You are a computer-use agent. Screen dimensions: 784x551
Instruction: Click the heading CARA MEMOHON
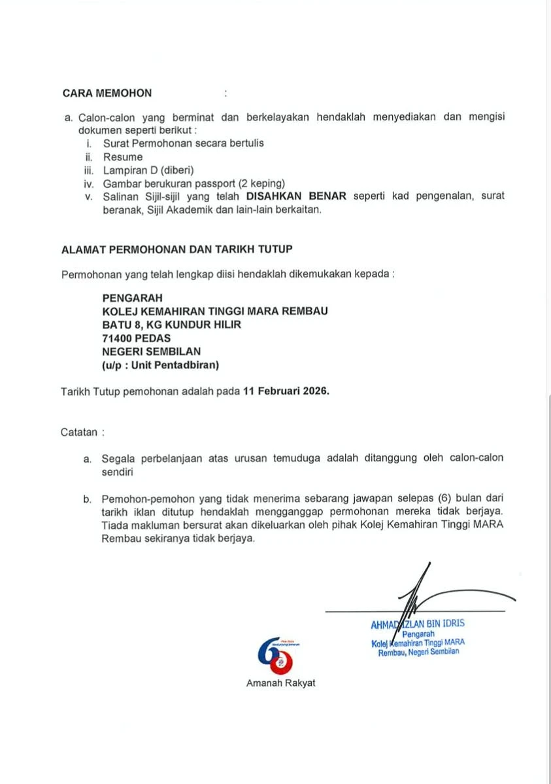(107, 93)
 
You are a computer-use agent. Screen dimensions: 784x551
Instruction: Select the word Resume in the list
(122, 157)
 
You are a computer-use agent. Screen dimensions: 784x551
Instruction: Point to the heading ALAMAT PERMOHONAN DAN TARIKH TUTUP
(176, 249)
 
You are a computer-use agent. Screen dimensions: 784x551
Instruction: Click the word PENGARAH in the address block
(132, 297)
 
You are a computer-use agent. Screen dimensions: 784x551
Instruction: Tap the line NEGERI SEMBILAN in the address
(152, 351)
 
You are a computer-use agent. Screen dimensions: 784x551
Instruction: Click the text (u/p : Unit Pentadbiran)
(161, 365)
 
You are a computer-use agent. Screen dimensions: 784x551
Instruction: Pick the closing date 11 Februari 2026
(286, 392)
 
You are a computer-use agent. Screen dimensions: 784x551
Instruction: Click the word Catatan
(79, 432)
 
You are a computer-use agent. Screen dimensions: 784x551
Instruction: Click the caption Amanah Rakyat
(280, 683)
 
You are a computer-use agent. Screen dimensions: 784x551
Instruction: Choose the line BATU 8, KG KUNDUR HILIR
(171, 325)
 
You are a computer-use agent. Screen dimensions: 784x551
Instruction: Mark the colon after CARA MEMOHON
(225, 93)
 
